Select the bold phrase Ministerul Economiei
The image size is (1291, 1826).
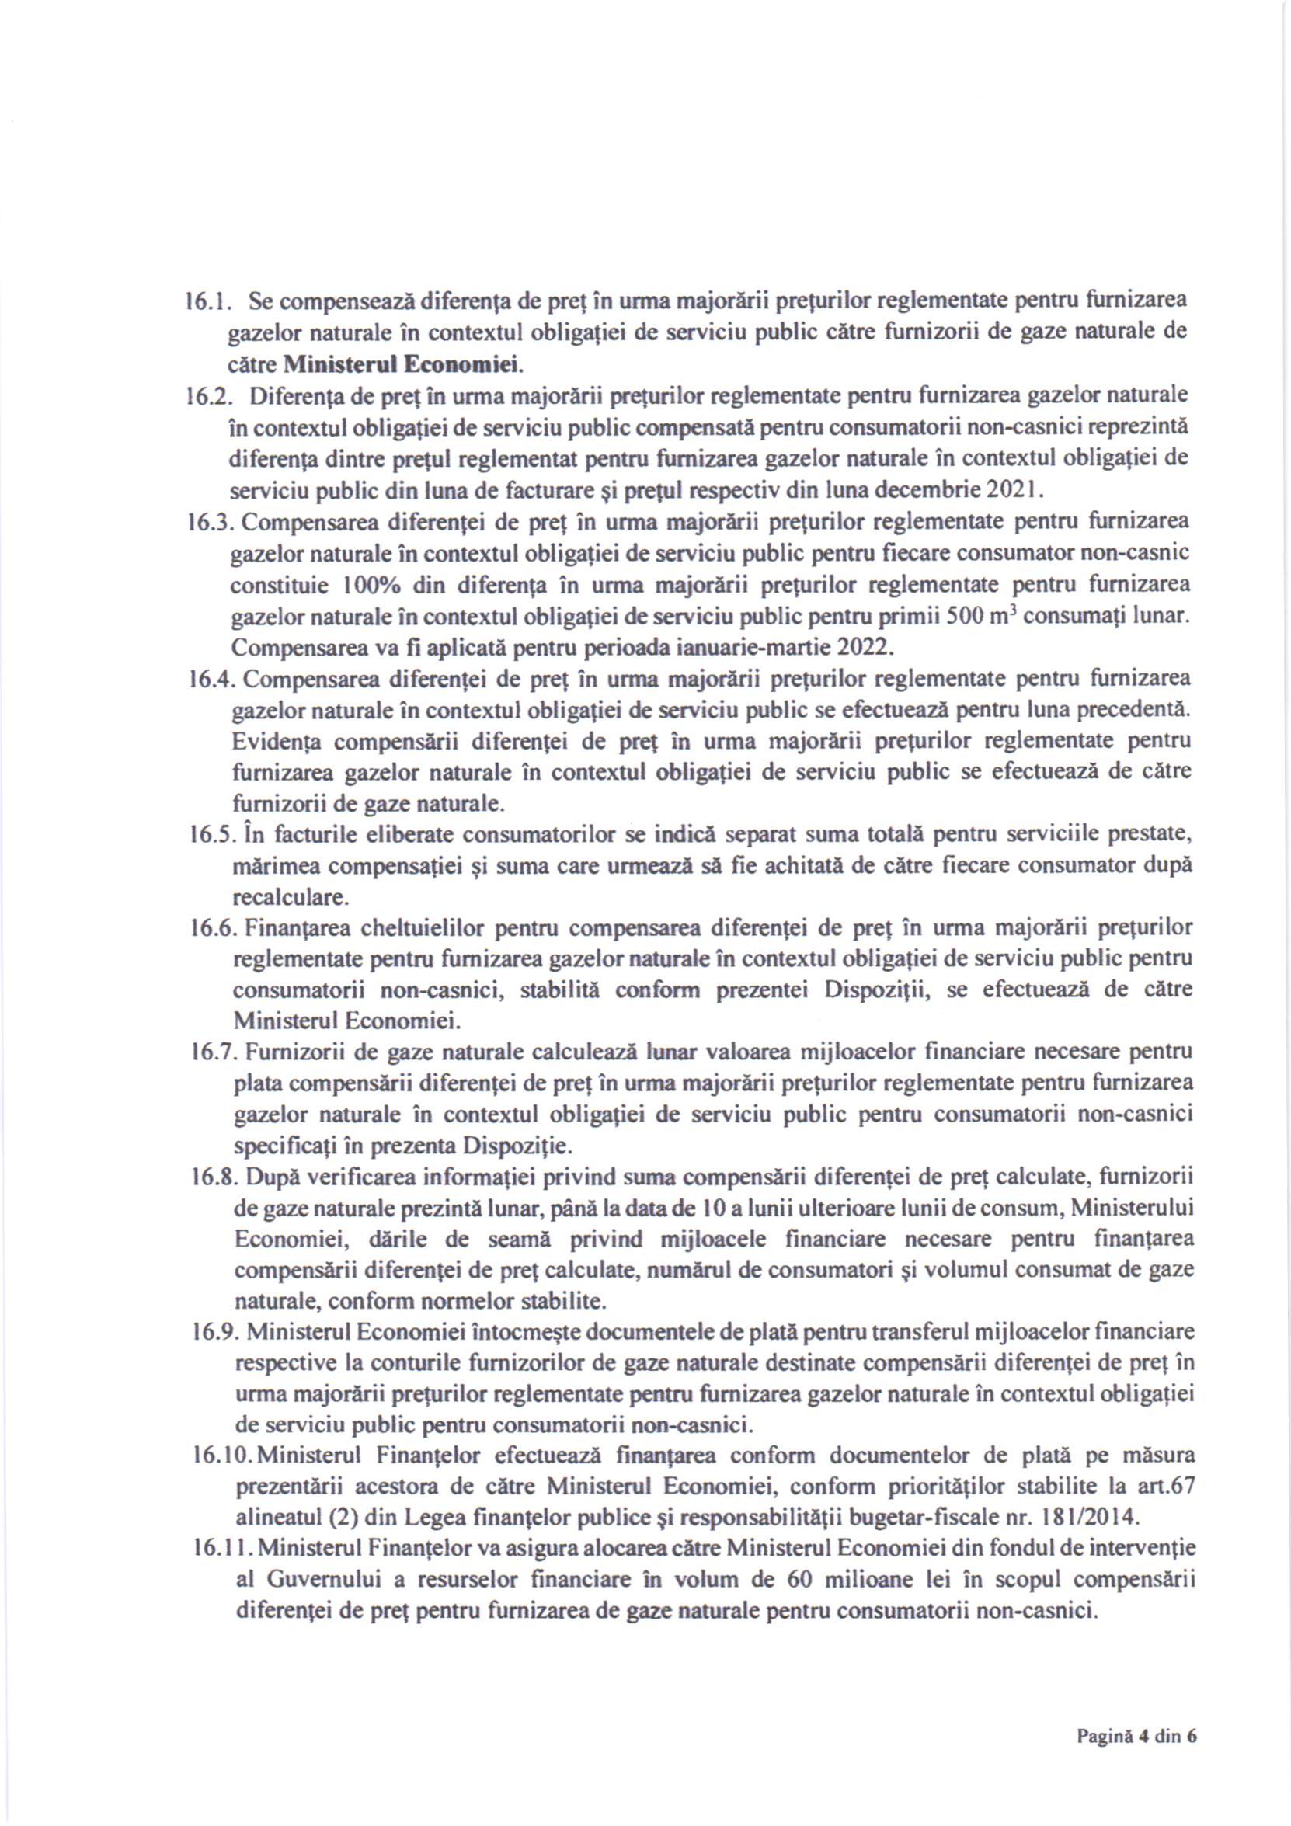click(x=402, y=365)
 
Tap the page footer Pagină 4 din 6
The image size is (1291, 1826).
click(x=1136, y=1736)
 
